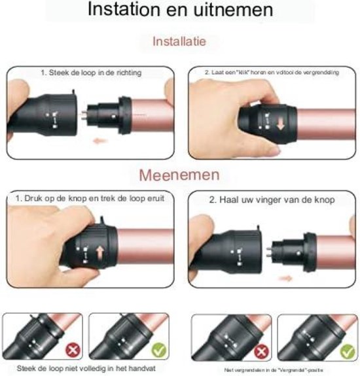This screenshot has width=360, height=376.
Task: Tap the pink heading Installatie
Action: [x=179, y=41]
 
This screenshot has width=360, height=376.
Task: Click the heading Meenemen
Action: [x=179, y=175]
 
